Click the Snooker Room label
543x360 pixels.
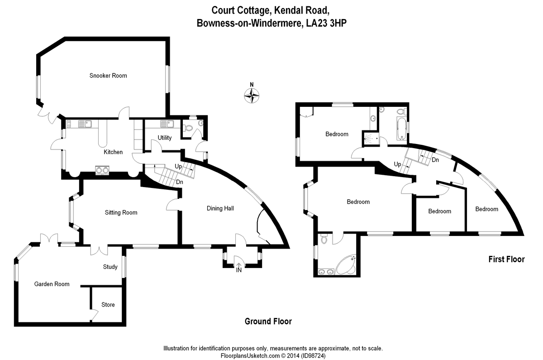coord(108,76)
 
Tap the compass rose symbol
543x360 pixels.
coord(252,96)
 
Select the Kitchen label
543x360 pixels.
coord(113,152)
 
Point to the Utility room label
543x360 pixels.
coord(165,138)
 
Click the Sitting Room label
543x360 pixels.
coord(121,213)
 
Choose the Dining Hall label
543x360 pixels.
coord(220,208)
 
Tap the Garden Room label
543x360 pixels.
coord(52,284)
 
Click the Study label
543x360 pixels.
coord(110,267)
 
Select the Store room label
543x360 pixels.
coord(108,305)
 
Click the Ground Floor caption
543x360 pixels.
coord(268,322)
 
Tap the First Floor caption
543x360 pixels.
coord(506,259)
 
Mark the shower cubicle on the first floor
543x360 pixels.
coord(371,139)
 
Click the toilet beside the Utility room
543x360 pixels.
coord(187,128)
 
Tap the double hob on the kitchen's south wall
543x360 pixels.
coord(102,170)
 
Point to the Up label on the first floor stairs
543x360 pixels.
coord(397,164)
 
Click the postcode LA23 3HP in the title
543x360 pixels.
coord(326,23)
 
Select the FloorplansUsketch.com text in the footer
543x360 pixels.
coord(250,356)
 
